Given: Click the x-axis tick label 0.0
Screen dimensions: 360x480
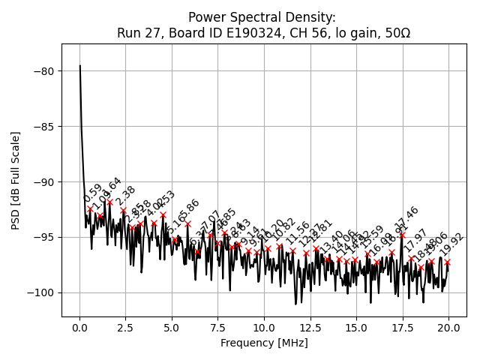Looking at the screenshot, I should [79, 328].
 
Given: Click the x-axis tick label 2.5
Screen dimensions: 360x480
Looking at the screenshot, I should [125, 328].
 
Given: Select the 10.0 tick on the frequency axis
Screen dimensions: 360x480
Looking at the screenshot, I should [264, 328].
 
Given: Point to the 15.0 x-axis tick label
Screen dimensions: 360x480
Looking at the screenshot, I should [356, 328].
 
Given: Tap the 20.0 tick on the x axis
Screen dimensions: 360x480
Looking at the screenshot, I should [448, 328].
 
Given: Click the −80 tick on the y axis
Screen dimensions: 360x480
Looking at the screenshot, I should [43, 71].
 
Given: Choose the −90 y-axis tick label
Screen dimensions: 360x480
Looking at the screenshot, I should [43, 182].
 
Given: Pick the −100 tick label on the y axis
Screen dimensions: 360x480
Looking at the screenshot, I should [40, 293].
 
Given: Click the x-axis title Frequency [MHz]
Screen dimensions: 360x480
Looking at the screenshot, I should [264, 343].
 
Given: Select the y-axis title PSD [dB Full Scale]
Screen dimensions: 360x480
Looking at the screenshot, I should [16, 180].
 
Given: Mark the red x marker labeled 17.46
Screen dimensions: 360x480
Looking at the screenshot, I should [402, 235].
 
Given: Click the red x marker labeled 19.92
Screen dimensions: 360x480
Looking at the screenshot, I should [447, 262].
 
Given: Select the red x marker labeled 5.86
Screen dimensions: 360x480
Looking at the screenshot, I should [187, 223].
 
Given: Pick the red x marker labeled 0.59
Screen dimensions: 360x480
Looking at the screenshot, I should [90, 208].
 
